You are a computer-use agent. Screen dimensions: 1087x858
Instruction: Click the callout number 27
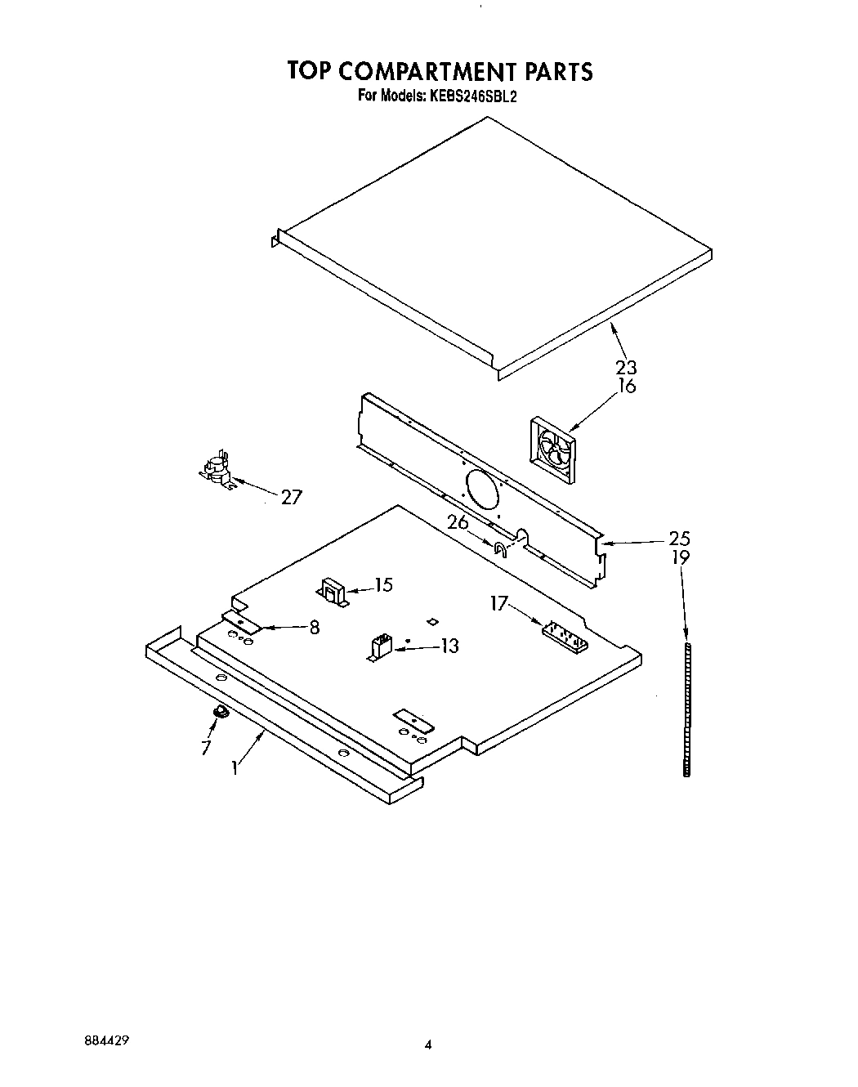(291, 497)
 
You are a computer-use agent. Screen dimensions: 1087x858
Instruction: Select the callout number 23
(627, 368)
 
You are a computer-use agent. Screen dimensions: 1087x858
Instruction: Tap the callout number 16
(627, 387)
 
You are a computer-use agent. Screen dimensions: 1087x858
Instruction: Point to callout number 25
(679, 539)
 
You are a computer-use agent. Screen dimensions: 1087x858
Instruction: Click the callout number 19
(681, 557)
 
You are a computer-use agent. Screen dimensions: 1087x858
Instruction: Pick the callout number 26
(458, 521)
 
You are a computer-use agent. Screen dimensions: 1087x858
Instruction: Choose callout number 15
(382, 585)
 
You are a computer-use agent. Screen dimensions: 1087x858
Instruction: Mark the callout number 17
(499, 604)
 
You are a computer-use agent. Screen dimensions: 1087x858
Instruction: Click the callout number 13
(449, 646)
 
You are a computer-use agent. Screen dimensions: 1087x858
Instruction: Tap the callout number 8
(314, 628)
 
